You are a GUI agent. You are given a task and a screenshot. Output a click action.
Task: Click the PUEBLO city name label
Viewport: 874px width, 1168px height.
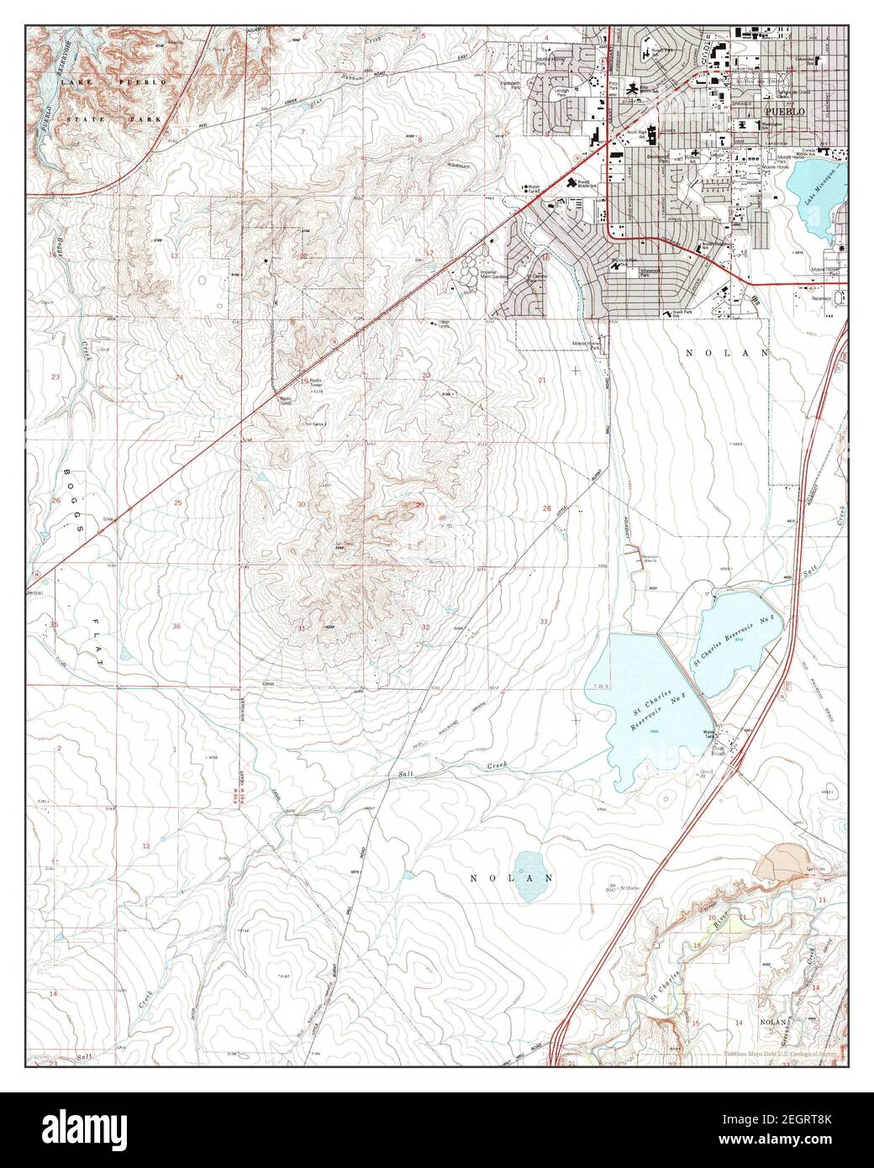(x=784, y=111)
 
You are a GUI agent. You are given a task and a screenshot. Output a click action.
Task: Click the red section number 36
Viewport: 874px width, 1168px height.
(x=176, y=627)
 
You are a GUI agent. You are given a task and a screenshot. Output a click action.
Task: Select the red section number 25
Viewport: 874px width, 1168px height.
(x=177, y=502)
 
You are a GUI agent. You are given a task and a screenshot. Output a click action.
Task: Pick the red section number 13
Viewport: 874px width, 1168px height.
(x=175, y=255)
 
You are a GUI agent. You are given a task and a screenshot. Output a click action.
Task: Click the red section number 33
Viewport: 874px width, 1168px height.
(x=545, y=621)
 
